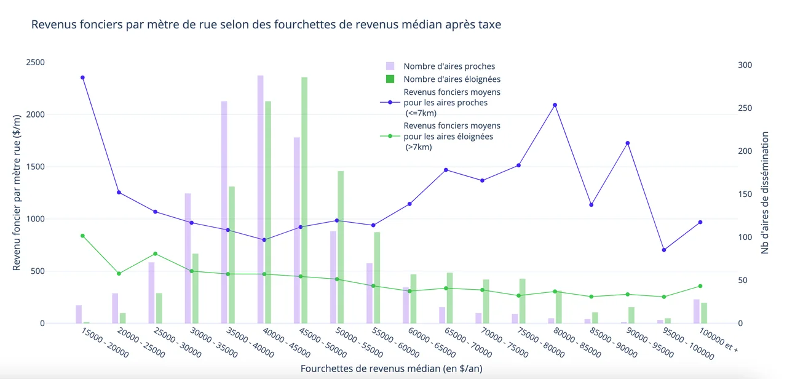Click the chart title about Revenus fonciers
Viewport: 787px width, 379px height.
pos(266,25)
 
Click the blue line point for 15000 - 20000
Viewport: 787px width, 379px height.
pos(82,78)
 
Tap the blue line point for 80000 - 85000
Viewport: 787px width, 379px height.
pos(555,105)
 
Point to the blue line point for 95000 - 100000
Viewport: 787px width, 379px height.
pos(663,250)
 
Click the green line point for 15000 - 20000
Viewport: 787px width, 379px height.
pos(82,236)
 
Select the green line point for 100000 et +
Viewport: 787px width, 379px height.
pos(700,286)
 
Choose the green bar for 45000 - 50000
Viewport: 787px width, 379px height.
pos(304,200)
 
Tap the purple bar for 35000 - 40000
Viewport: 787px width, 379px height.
pos(224,212)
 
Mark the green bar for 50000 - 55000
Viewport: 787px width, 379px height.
pos(341,247)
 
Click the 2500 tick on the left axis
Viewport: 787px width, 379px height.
pos(34,63)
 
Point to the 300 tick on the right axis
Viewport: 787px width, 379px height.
pos(745,65)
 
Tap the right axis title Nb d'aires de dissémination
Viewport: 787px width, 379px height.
pos(765,193)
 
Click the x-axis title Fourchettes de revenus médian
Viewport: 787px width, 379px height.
pos(392,369)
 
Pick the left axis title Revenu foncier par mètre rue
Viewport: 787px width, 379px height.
pos(17,193)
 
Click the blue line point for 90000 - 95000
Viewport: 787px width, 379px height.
pos(627,143)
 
